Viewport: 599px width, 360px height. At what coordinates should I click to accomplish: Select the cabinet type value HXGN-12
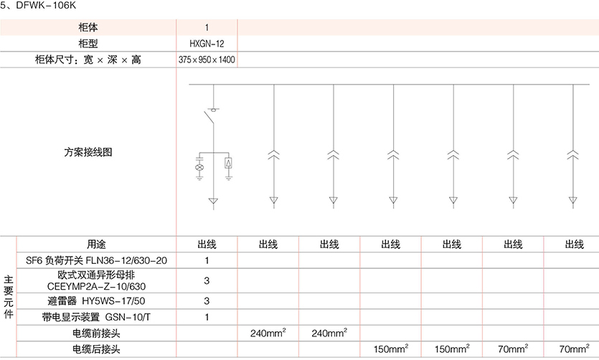tap(207, 44)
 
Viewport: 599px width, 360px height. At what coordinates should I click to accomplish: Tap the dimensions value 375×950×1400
tap(207, 60)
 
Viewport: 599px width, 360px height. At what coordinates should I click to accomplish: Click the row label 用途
tap(96, 245)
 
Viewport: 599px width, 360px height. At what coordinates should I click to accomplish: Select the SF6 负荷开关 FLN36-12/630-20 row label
tap(96, 260)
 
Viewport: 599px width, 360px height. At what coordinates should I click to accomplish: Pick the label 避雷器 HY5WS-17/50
tap(96, 300)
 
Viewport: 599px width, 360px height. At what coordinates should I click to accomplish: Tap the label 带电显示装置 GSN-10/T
tap(96, 317)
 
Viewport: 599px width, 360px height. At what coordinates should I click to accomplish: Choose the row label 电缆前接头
tap(96, 333)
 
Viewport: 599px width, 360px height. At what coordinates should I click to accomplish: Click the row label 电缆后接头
tap(96, 349)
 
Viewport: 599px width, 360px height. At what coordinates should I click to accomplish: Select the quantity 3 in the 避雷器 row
tap(207, 300)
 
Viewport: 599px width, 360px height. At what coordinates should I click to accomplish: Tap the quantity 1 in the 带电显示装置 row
tap(207, 317)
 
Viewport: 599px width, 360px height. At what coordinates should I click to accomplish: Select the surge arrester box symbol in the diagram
tap(228, 164)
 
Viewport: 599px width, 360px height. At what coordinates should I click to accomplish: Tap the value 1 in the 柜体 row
tap(207, 27)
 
